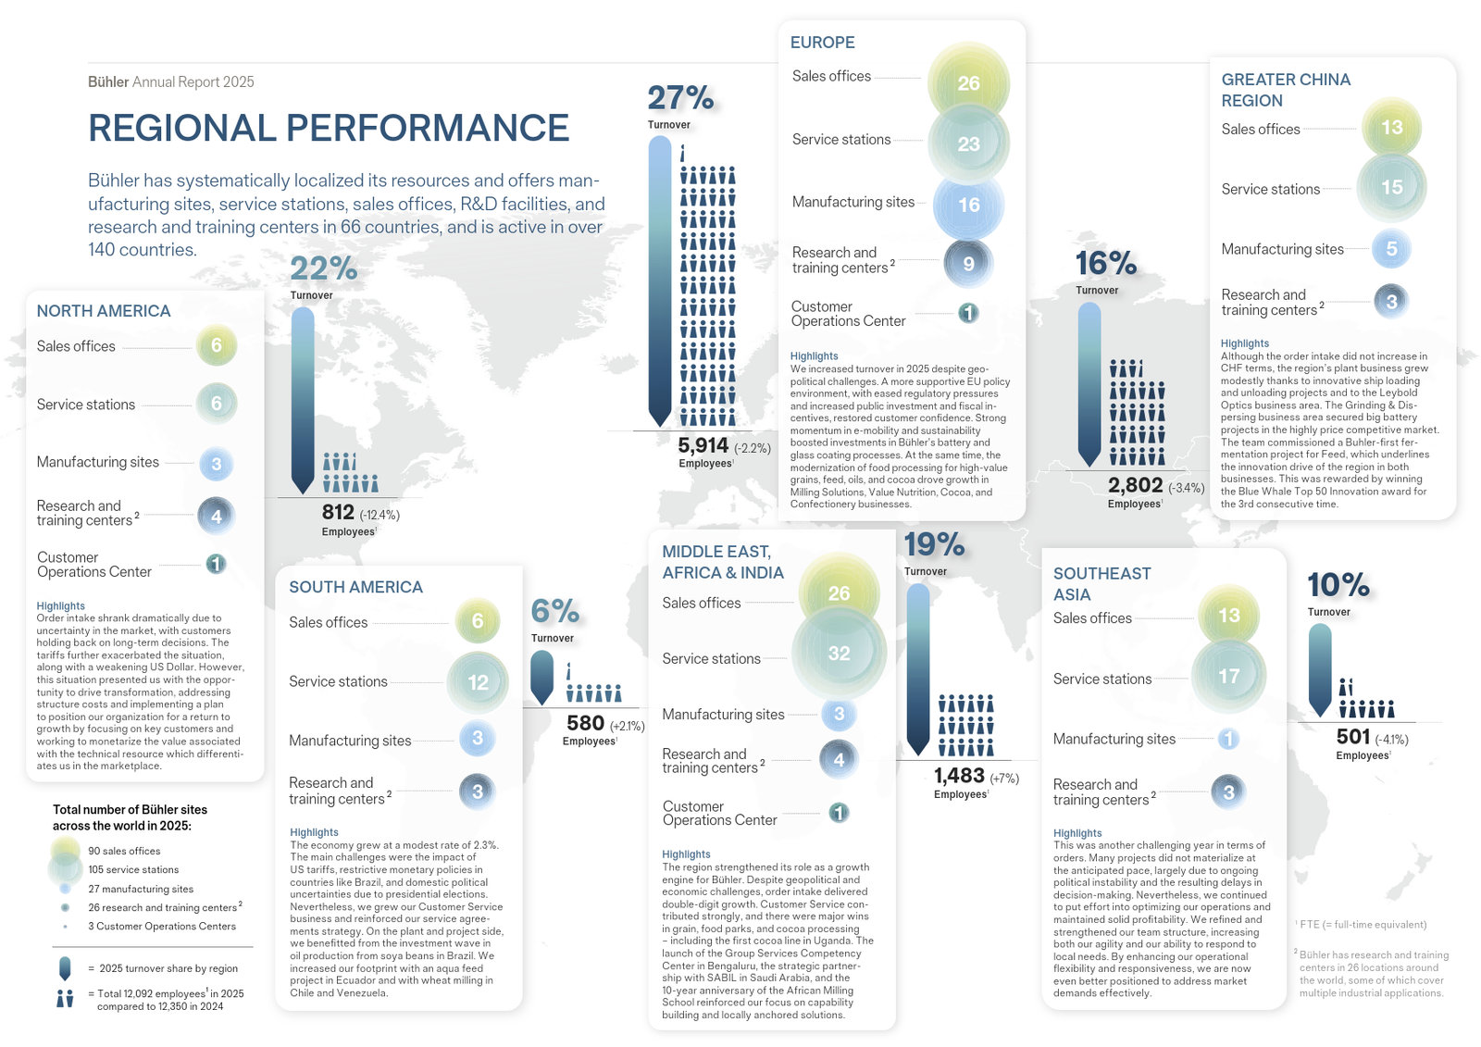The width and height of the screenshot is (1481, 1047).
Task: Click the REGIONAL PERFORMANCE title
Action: click(329, 129)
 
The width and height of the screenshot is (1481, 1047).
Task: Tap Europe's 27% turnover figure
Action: click(680, 98)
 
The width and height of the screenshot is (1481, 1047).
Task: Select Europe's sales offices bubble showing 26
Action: click(968, 83)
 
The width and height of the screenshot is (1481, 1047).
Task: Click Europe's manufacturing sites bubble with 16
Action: click(968, 205)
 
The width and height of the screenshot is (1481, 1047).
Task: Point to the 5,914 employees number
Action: click(703, 446)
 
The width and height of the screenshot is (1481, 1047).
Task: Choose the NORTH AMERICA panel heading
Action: click(104, 311)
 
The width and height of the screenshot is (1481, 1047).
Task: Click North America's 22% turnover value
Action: click(324, 268)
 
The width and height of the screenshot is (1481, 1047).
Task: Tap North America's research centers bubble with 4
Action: click(216, 516)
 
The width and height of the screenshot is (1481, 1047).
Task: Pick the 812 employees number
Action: click(338, 512)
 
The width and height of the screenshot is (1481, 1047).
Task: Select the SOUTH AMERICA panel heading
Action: click(355, 587)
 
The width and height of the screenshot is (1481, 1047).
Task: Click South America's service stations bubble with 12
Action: click(478, 682)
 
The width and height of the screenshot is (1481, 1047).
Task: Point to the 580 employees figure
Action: click(585, 723)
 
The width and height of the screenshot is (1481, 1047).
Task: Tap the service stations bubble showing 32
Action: click(839, 653)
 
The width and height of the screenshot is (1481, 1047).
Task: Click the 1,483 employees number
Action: click(959, 776)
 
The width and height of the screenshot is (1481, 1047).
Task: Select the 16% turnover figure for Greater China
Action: click(1106, 264)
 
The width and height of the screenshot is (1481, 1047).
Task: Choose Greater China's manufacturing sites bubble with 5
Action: click(1391, 248)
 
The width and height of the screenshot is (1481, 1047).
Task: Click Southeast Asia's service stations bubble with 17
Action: click(1228, 676)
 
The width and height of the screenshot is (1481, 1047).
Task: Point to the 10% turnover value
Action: click(1338, 585)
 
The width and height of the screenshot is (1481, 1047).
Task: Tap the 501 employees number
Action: click(1353, 737)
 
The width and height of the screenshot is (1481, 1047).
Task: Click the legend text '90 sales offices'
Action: click(124, 851)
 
